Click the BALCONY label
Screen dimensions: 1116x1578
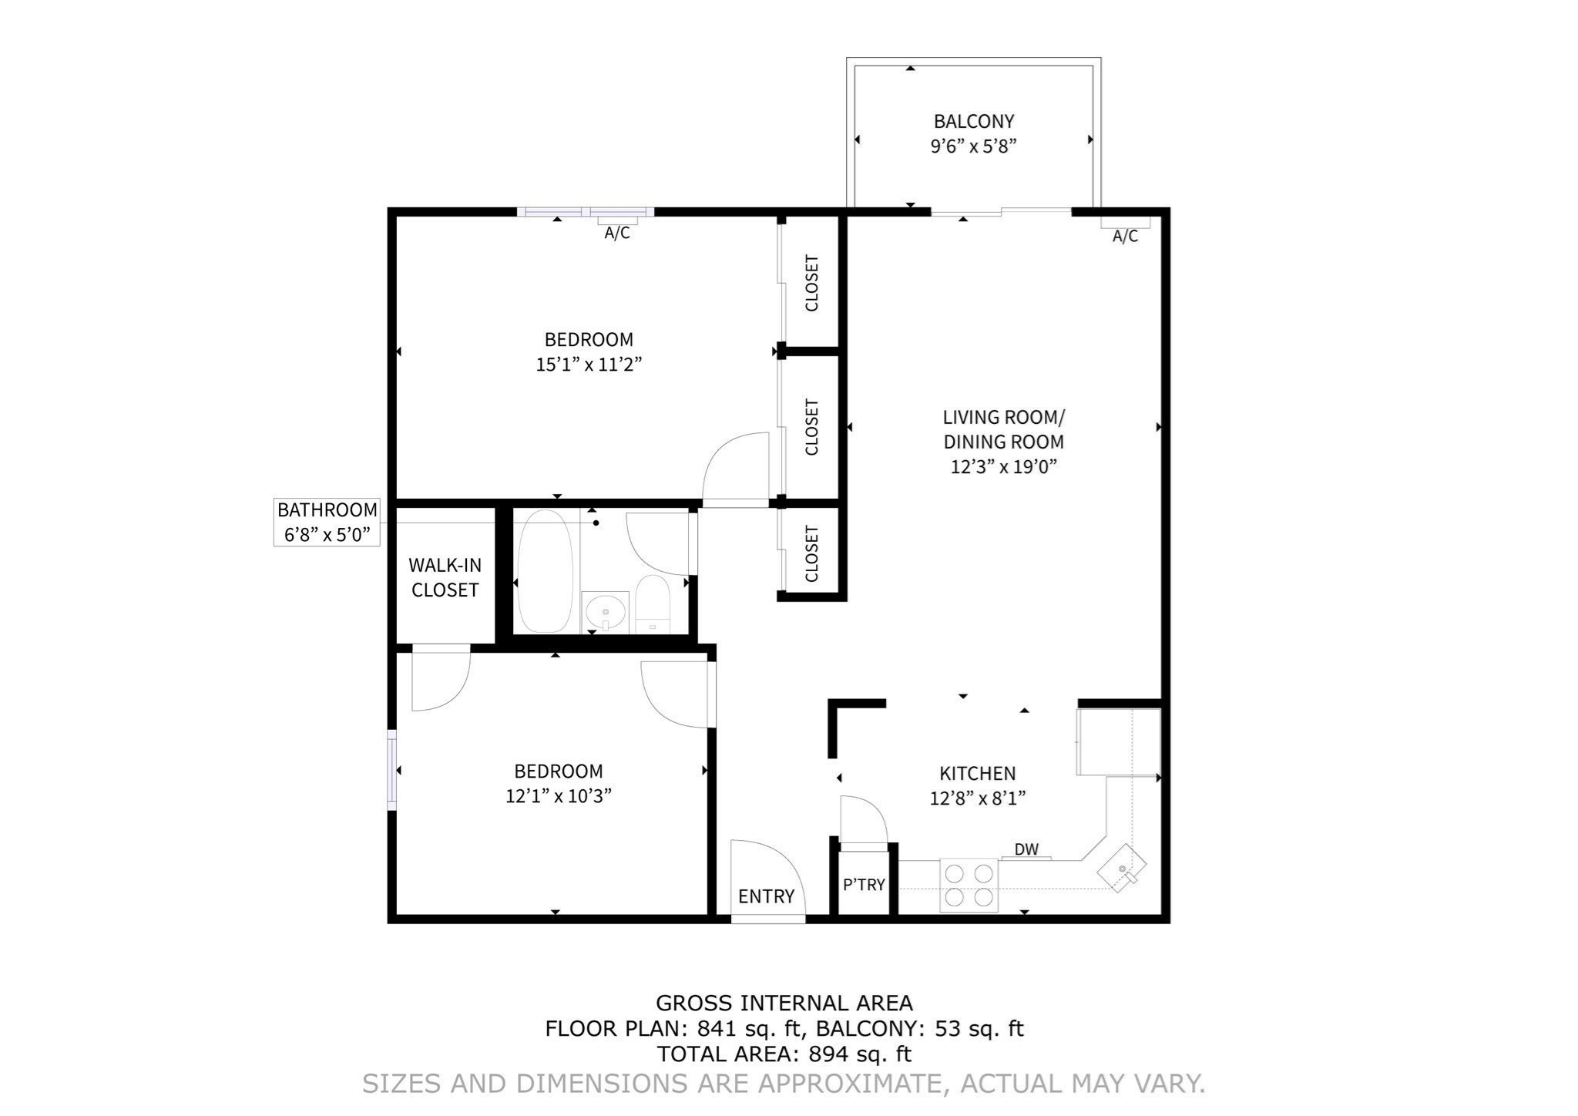(x=973, y=121)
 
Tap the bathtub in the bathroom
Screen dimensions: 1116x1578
(x=545, y=570)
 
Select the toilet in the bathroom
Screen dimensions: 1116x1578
(x=653, y=604)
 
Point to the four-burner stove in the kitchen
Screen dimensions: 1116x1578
(x=969, y=885)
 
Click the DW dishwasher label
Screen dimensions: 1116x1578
(x=1026, y=849)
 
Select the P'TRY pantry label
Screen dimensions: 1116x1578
(x=863, y=885)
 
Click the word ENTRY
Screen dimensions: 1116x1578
(x=766, y=896)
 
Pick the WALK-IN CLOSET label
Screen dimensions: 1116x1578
(x=445, y=577)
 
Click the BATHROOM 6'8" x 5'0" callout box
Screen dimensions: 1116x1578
(x=327, y=522)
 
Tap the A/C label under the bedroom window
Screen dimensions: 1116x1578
(x=616, y=233)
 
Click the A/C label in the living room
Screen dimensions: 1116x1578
(x=1125, y=236)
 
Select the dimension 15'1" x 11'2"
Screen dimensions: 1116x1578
(x=589, y=365)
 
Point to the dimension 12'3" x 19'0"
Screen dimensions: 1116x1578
(x=1002, y=466)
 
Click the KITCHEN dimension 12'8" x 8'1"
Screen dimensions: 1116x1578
(x=977, y=798)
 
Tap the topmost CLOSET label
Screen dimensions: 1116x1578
(x=811, y=283)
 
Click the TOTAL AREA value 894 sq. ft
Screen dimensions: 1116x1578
(x=859, y=1054)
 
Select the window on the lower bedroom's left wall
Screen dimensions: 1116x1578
(x=391, y=769)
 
